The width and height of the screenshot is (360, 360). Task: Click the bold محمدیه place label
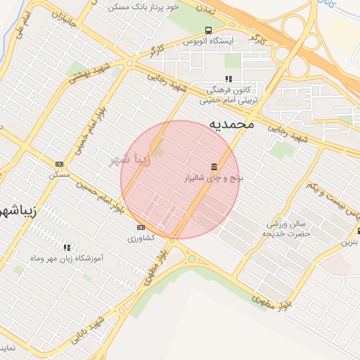tap(231, 124)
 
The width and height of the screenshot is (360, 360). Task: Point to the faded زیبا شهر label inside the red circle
tap(129, 160)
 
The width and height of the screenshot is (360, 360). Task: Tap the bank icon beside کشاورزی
tap(141, 227)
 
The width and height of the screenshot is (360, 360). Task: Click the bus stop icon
tap(208, 30)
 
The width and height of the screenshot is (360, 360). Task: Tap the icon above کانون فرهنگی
tap(228, 79)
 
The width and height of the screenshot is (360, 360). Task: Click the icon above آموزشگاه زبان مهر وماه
tap(67, 247)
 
